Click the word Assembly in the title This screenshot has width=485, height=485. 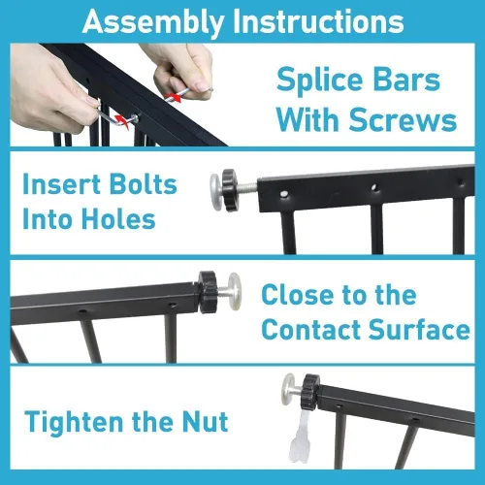click(x=153, y=22)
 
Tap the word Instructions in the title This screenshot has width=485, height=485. click(x=319, y=20)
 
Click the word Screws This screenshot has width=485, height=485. click(x=403, y=120)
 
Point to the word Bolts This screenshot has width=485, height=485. click(x=144, y=184)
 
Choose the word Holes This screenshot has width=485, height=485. click(x=118, y=219)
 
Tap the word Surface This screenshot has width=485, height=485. click(x=419, y=329)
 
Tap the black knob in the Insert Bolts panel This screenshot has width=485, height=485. click(x=230, y=190)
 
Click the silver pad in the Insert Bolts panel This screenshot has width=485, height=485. click(x=216, y=189)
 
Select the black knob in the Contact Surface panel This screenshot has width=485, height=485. click(x=207, y=292)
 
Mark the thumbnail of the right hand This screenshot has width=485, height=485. click(x=202, y=85)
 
